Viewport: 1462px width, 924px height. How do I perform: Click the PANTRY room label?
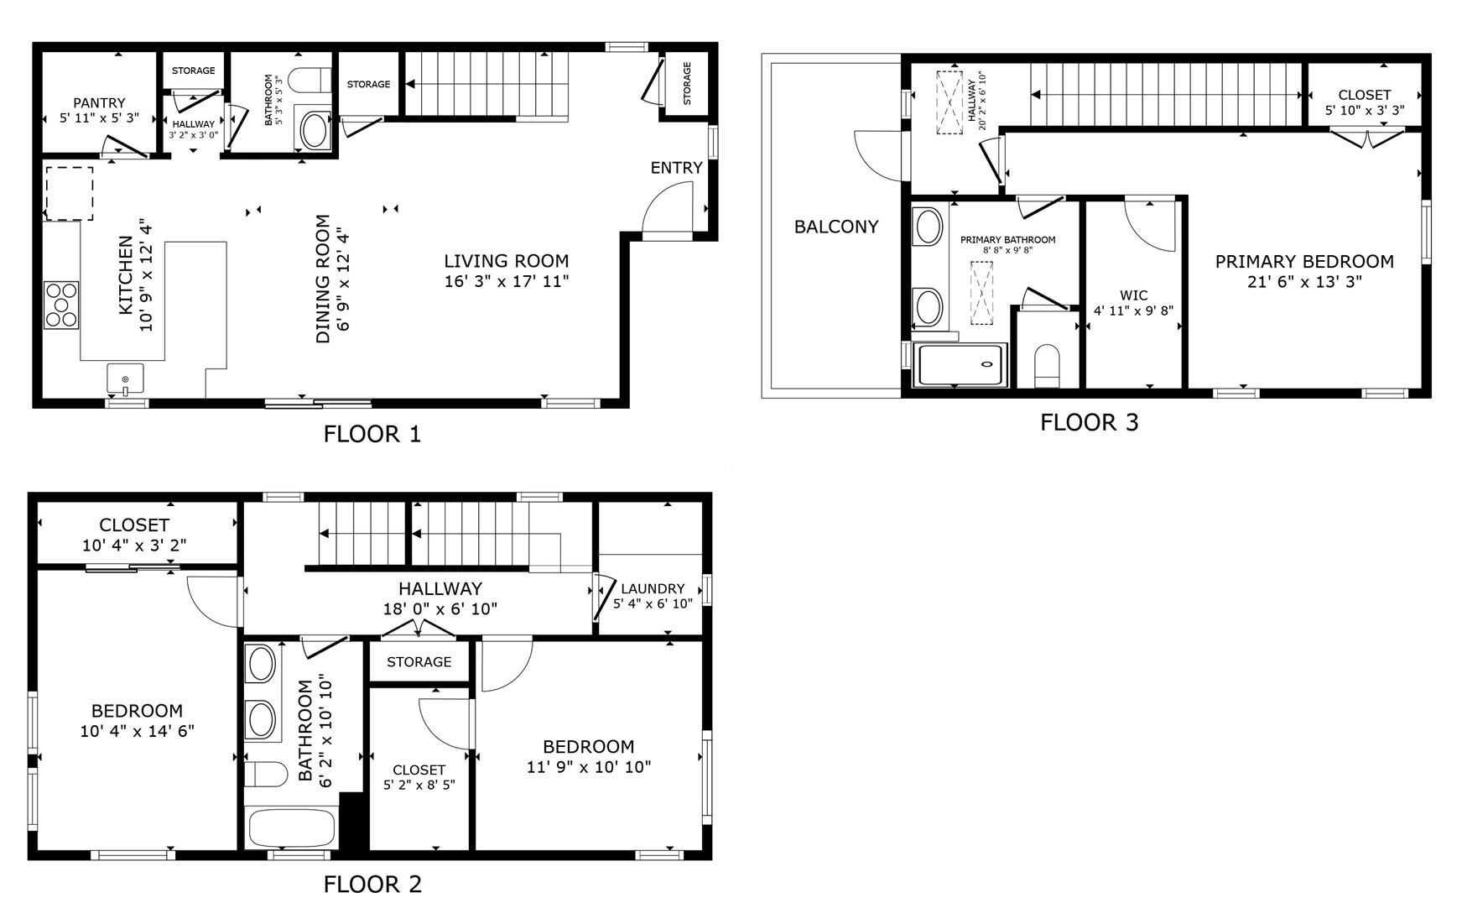pyautogui.click(x=99, y=103)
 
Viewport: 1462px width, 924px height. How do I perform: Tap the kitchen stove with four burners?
pyautogui.click(x=61, y=305)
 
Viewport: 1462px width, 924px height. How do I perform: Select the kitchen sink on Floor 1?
pyautogui.click(x=125, y=379)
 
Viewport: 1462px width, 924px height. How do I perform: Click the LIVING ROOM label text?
pyautogui.click(x=507, y=261)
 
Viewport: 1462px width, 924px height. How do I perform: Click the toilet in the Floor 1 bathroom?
pyautogui.click(x=310, y=80)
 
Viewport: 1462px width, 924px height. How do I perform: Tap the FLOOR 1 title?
pyautogui.click(x=372, y=434)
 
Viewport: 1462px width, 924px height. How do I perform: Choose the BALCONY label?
pyautogui.click(x=836, y=227)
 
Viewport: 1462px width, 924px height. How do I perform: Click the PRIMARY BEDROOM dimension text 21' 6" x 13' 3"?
pyautogui.click(x=1304, y=282)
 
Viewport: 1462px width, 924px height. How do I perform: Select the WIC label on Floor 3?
pyautogui.click(x=1134, y=295)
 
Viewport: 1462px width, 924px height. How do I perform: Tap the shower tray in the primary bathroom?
pyautogui.click(x=960, y=365)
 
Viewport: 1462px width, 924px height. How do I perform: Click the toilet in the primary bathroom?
pyautogui.click(x=1047, y=366)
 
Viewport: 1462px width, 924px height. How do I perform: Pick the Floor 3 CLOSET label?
pyautogui.click(x=1365, y=96)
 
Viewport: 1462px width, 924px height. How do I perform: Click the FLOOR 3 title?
pyautogui.click(x=1090, y=422)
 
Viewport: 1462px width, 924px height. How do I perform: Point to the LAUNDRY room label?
pyautogui.click(x=653, y=589)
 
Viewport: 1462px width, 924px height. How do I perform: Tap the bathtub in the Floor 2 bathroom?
pyautogui.click(x=291, y=828)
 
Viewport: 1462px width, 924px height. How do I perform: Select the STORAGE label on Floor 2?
pyautogui.click(x=419, y=662)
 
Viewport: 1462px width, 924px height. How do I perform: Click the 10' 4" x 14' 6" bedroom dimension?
pyautogui.click(x=138, y=731)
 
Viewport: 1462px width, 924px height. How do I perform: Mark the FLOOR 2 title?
pyautogui.click(x=372, y=885)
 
